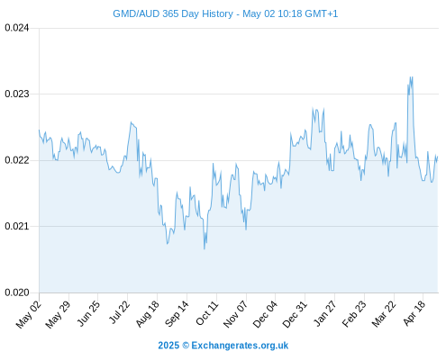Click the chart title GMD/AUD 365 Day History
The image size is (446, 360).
[x=173, y=13]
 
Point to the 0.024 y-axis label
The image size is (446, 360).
[x=17, y=28]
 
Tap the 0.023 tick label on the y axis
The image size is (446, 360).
[x=17, y=94]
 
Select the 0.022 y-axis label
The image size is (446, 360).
[x=17, y=160]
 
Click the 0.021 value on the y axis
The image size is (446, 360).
[x=17, y=226]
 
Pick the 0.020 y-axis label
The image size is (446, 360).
[x=17, y=292]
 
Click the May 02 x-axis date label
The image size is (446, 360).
[x=29, y=314]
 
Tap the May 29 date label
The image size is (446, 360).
[x=58, y=314]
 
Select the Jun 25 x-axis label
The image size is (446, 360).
[x=88, y=313]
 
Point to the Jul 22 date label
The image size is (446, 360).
[x=119, y=312]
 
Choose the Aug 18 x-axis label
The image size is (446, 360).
[x=147, y=314]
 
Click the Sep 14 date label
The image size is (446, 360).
[x=177, y=314]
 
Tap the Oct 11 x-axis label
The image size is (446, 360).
[x=207, y=313]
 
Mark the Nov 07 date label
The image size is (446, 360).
[x=236, y=314]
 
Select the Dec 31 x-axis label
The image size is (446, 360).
[x=295, y=314]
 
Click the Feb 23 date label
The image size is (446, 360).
[x=354, y=314]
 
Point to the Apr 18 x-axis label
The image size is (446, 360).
[x=414, y=313]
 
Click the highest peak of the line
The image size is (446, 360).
[x=410, y=77]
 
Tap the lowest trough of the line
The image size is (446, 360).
[x=205, y=248]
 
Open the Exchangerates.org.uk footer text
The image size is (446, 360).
[x=240, y=346]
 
